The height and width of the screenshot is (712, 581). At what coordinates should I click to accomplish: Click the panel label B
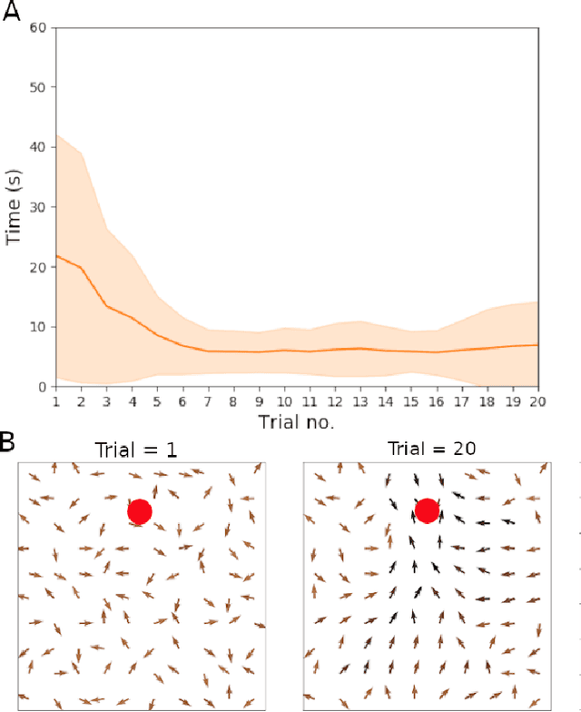tap(8, 443)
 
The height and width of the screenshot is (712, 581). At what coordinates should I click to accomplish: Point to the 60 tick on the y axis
tap(40, 27)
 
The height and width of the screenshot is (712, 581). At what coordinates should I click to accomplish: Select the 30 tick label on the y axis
tap(40, 207)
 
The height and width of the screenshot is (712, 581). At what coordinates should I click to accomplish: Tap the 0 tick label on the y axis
tap(44, 387)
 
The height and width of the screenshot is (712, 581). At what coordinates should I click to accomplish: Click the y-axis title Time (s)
tap(15, 207)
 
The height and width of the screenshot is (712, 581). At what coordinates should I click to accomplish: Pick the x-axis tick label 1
tap(56, 400)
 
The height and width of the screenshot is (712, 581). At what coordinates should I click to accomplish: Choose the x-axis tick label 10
tap(284, 400)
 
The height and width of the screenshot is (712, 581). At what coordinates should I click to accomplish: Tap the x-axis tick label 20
tap(537, 400)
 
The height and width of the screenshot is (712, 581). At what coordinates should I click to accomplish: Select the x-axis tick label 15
tap(411, 400)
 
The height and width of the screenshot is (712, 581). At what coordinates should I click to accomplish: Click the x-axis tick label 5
tap(158, 400)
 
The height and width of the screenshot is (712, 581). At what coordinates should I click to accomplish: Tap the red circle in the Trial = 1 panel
tap(139, 512)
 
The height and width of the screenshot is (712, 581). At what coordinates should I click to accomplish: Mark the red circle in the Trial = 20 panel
tap(427, 512)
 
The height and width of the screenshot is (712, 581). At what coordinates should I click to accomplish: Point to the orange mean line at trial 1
tap(57, 256)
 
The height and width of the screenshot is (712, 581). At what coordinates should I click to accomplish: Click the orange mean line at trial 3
tap(107, 306)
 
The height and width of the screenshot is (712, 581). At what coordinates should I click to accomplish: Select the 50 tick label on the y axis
tap(40, 87)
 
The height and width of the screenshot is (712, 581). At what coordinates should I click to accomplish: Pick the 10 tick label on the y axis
tap(40, 327)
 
